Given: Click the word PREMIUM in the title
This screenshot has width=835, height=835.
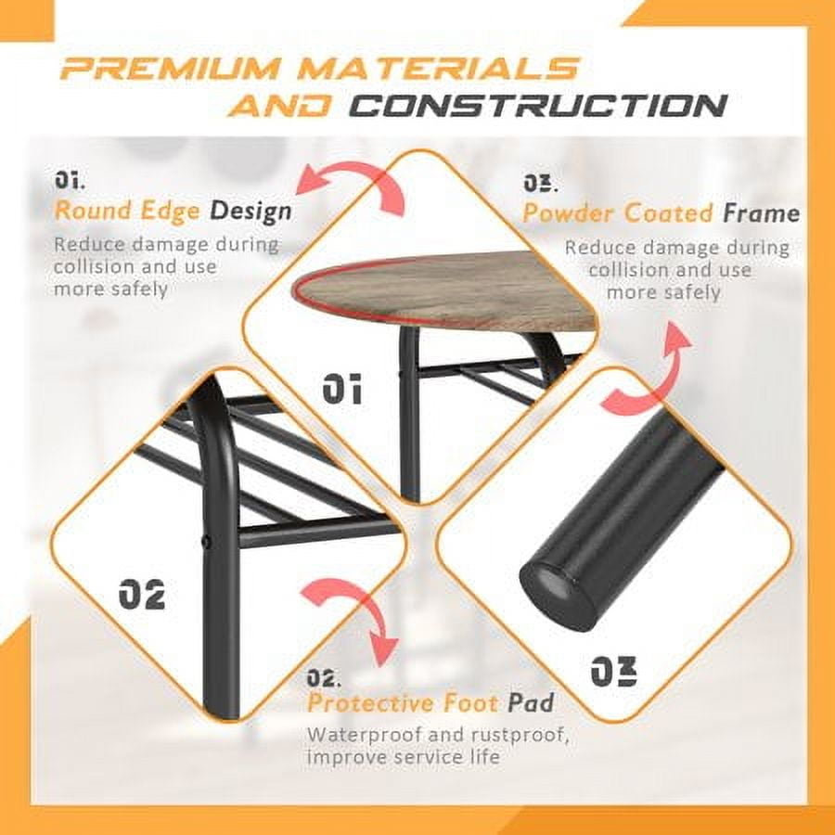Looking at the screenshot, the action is tap(171, 67).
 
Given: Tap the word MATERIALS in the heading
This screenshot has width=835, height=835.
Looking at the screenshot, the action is tap(438, 67).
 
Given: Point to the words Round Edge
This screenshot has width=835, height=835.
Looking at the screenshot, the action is tap(127, 211).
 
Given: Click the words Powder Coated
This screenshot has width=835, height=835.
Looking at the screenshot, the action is tap(617, 213).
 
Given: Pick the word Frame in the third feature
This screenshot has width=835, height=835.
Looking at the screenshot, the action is tap(762, 213).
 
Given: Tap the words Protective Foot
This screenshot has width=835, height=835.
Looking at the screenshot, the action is tap(404, 703).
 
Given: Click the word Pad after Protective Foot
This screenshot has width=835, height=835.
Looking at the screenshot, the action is tap(531, 703).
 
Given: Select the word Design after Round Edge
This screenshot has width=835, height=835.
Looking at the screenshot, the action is tap(250, 211).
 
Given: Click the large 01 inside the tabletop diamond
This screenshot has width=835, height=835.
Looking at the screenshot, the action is tap(341, 388).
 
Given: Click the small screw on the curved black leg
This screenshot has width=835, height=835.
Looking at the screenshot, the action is tap(204, 541).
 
